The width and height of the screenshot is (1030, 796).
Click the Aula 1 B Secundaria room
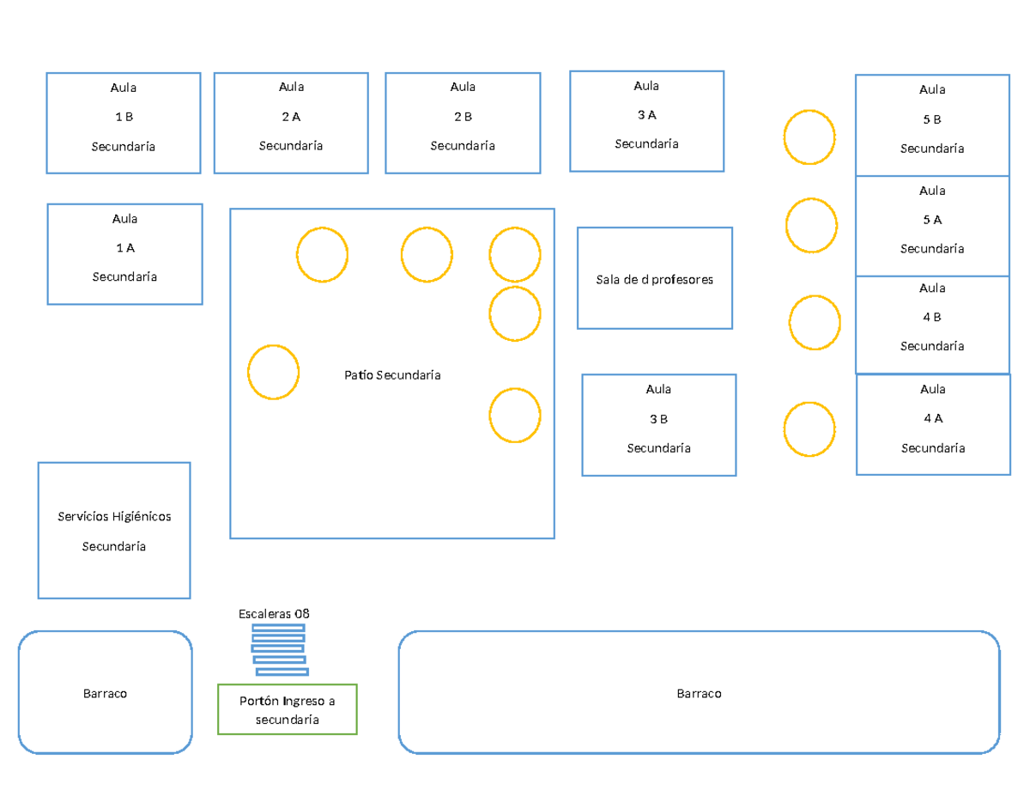point(124,123)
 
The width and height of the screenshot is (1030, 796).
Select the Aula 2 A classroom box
point(291,123)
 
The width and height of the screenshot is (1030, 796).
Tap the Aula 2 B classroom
point(463,123)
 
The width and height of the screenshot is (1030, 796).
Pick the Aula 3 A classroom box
point(646,121)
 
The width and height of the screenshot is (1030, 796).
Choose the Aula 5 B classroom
point(932,125)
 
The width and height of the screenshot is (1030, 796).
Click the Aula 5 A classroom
point(932,226)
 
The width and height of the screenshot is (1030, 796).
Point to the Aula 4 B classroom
point(932,325)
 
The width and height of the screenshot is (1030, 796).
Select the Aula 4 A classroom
point(933,424)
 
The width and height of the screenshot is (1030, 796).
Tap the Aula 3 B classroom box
point(659,425)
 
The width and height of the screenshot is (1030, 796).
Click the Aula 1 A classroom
point(124,254)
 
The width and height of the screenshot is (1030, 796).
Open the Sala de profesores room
point(655,278)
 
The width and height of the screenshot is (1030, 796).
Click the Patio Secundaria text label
point(392,375)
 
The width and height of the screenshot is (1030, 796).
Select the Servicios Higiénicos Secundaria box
point(114,531)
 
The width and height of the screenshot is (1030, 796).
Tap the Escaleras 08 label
point(274,614)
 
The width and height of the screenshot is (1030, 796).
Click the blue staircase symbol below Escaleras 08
point(280,650)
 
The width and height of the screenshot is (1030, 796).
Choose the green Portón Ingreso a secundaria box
point(288,709)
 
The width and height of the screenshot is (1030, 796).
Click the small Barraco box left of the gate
point(106,692)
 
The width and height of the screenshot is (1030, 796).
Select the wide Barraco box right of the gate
point(700,692)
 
